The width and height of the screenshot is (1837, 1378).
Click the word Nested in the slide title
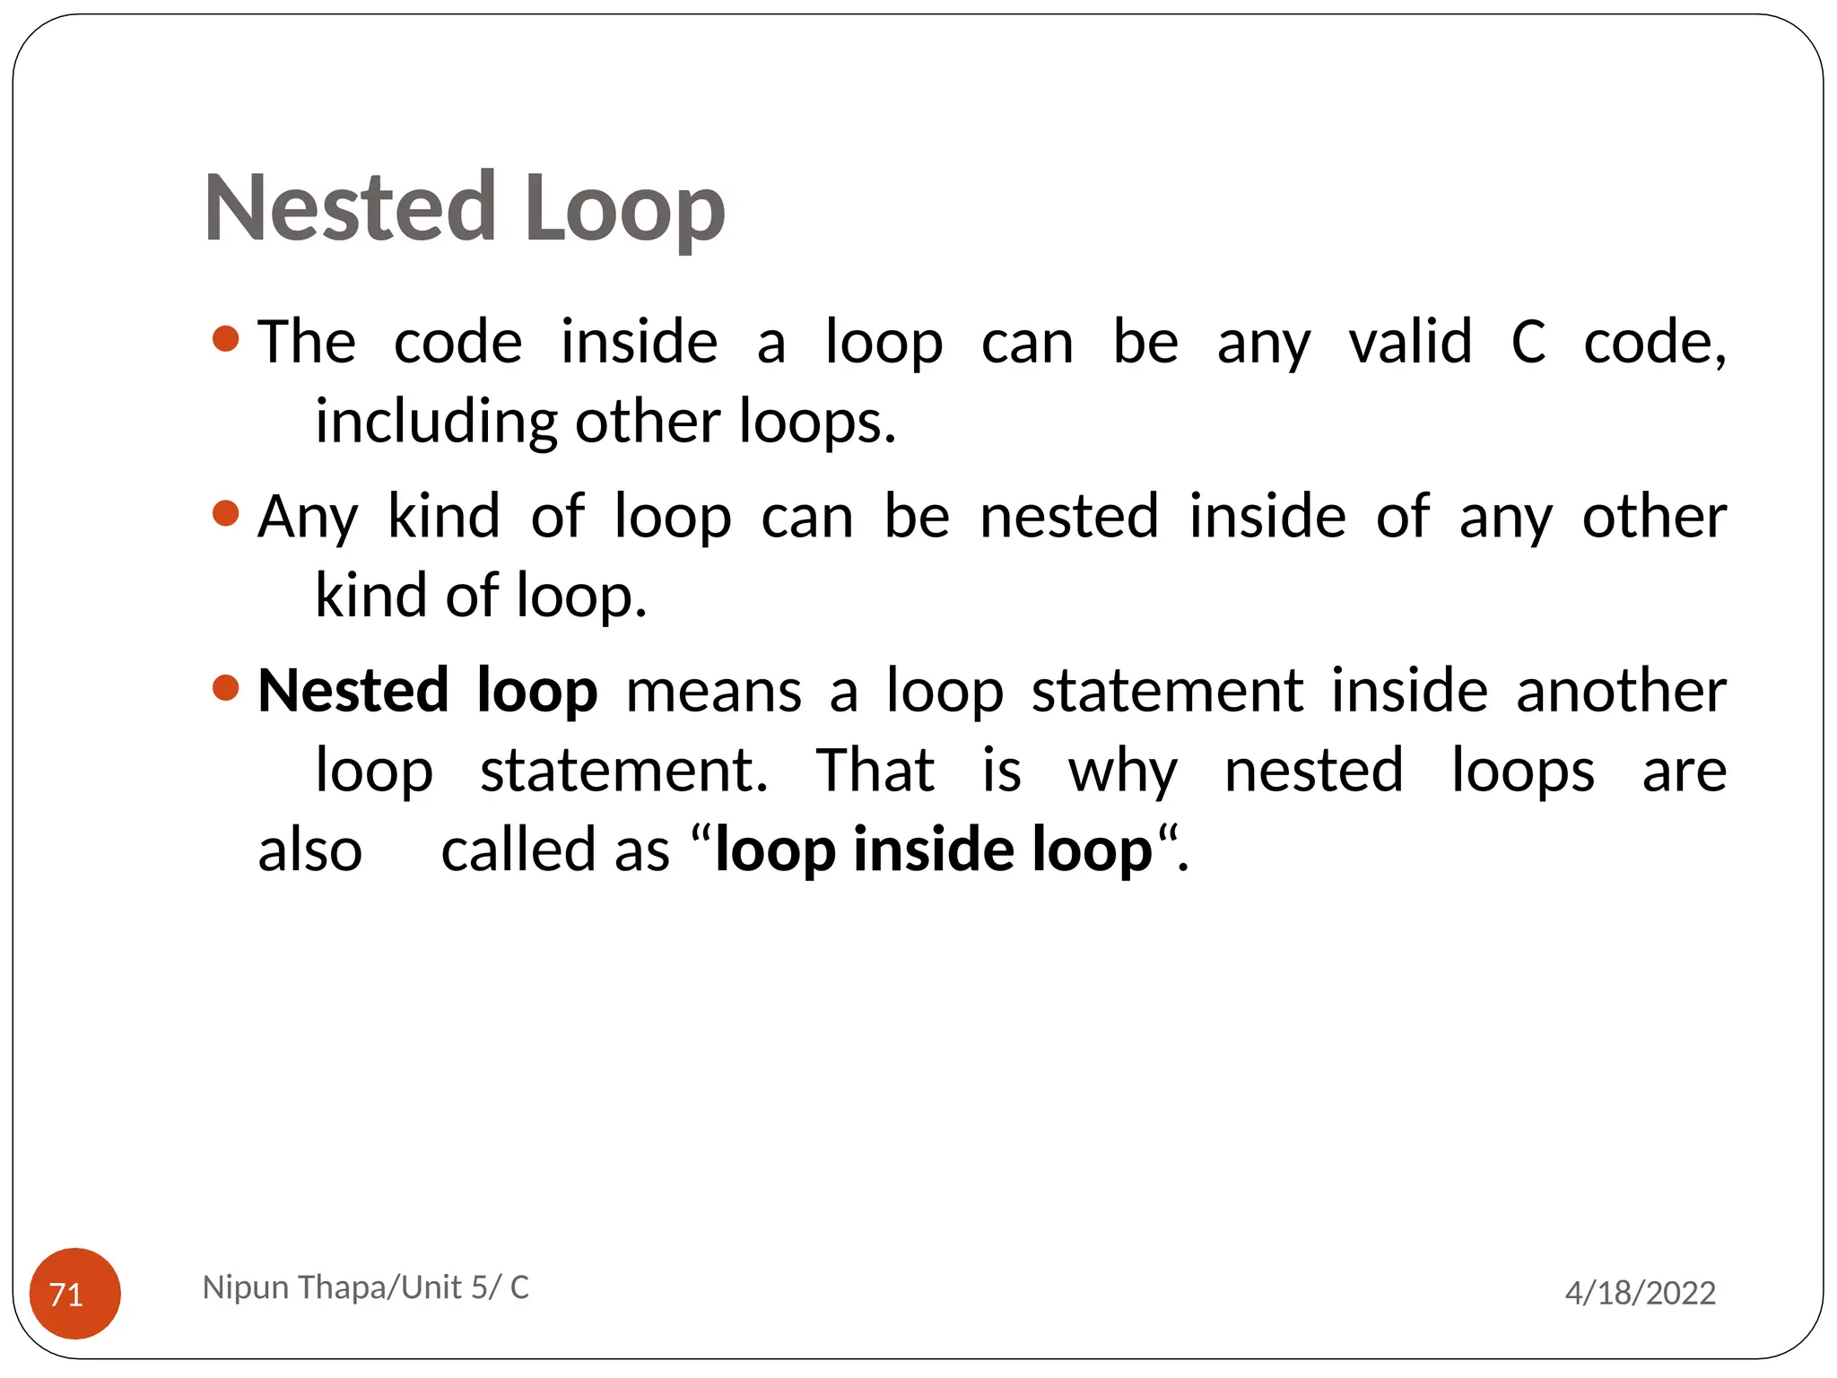tap(350, 208)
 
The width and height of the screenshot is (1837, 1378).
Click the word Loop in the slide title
tap(625, 212)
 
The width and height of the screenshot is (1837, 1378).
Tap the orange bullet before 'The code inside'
tap(226, 339)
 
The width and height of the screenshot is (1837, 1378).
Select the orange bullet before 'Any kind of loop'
tap(226, 514)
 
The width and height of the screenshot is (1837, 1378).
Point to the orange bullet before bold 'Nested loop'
tap(226, 688)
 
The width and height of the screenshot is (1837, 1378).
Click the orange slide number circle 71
tap(74, 1293)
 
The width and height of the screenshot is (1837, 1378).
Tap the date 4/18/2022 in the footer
tap(1640, 1293)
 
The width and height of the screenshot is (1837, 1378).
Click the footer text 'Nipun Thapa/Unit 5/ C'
tap(366, 1287)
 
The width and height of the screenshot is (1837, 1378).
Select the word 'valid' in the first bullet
tap(1410, 343)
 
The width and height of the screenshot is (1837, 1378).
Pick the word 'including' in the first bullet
tap(436, 422)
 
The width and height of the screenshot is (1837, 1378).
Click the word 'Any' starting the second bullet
tap(308, 519)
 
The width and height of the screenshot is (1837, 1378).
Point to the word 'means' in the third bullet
tap(714, 693)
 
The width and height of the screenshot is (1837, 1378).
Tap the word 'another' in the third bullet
tap(1621, 691)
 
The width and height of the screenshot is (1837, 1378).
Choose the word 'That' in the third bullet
tap(875, 771)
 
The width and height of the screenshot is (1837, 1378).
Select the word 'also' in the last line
tap(310, 850)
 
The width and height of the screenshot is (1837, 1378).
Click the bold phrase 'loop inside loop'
tap(934, 850)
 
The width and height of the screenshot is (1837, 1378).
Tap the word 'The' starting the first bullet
tap(307, 343)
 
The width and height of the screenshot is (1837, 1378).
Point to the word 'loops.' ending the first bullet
tap(817, 422)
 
